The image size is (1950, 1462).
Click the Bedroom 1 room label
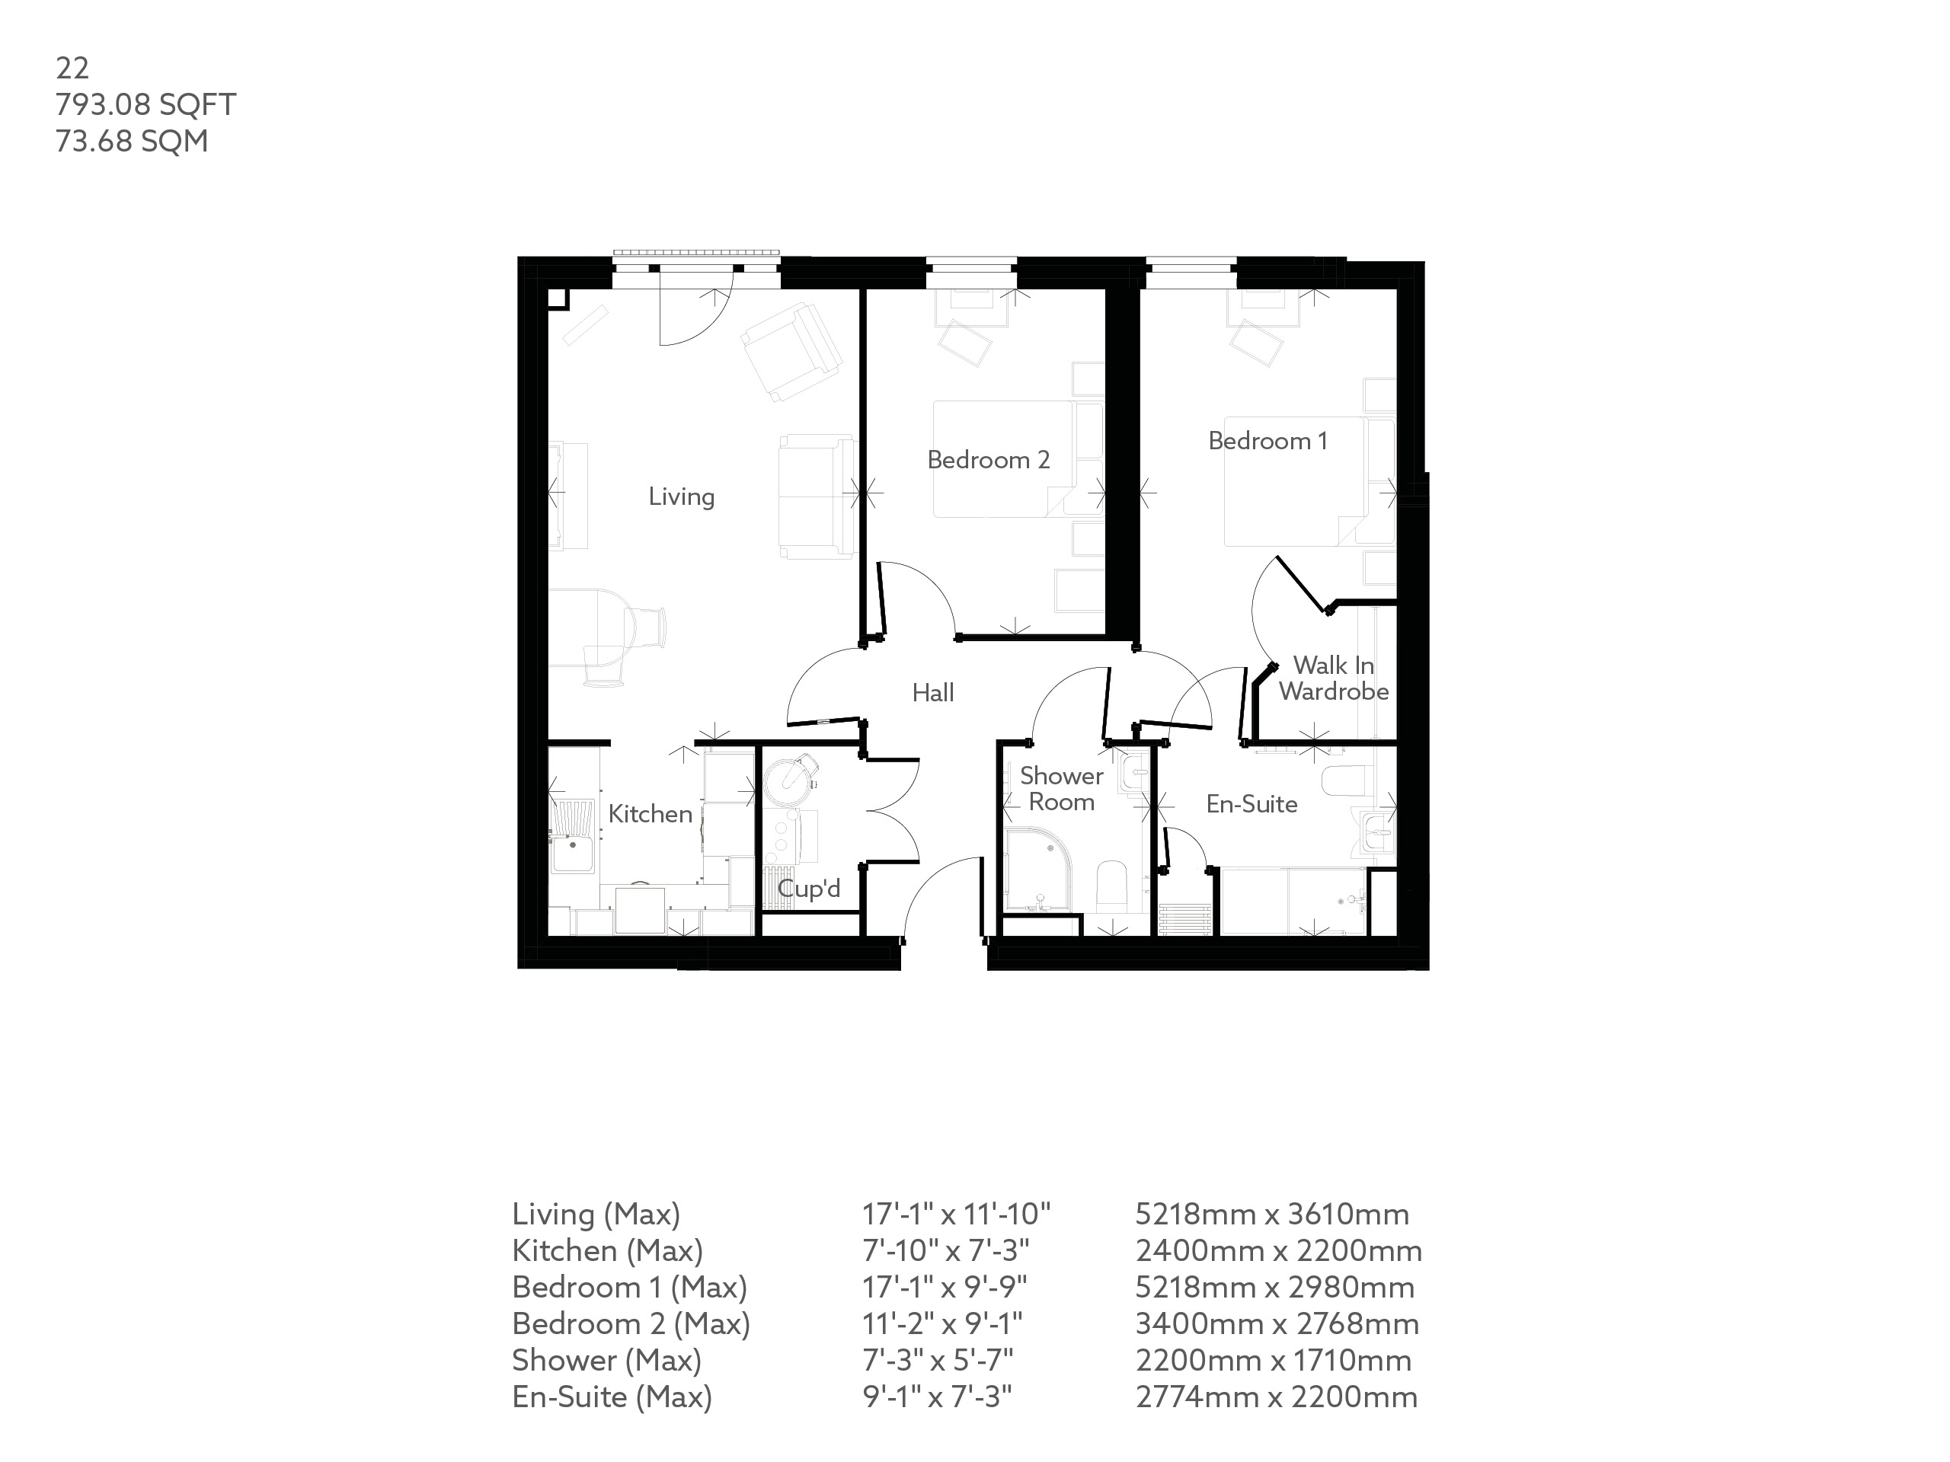[x=1267, y=441]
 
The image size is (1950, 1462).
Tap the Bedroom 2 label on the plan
[x=988, y=460]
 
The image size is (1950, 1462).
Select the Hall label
[x=932, y=694]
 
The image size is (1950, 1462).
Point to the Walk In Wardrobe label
[x=1333, y=678]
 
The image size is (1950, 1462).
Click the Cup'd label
[x=808, y=889]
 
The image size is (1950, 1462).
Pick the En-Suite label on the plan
[x=1251, y=803]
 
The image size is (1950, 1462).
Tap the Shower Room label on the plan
[x=1061, y=789]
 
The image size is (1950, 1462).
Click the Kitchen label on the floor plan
[x=650, y=813]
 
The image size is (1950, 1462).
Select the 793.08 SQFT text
[x=145, y=105]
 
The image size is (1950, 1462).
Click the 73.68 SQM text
[x=131, y=141]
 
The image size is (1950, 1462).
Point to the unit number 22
[x=72, y=68]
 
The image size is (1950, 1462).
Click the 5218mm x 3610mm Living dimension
[x=1271, y=1215]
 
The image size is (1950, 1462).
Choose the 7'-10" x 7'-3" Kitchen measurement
[x=945, y=1250]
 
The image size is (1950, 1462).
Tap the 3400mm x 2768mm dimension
[x=1277, y=1323]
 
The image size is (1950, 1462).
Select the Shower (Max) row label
[x=606, y=1361]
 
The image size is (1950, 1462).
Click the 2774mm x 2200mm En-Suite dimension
[x=1276, y=1397]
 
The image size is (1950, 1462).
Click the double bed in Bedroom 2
[x=1005, y=458]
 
